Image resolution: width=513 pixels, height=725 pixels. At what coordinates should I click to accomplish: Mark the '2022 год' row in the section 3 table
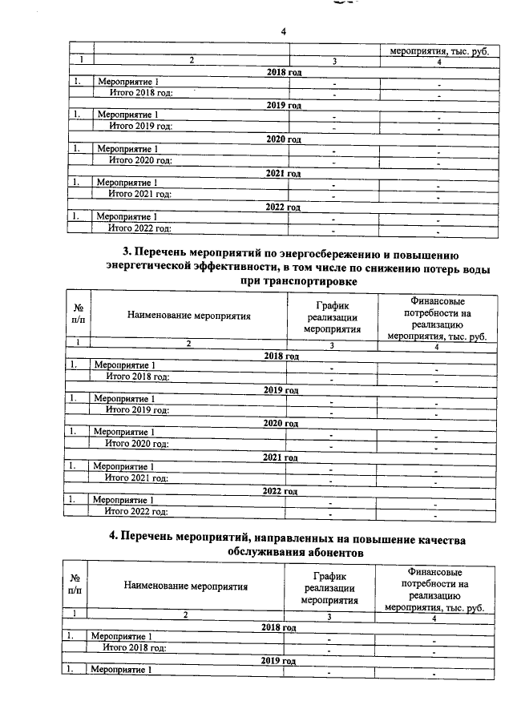(281, 491)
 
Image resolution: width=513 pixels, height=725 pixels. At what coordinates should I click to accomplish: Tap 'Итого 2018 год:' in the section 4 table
(134, 647)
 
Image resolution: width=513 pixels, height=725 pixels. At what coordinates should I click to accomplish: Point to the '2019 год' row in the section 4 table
(279, 661)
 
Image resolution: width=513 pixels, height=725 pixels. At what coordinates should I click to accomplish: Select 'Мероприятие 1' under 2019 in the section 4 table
(121, 671)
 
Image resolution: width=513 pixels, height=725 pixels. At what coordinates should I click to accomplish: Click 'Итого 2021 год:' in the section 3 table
(136, 478)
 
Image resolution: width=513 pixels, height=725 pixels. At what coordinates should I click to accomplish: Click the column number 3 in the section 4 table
(329, 615)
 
